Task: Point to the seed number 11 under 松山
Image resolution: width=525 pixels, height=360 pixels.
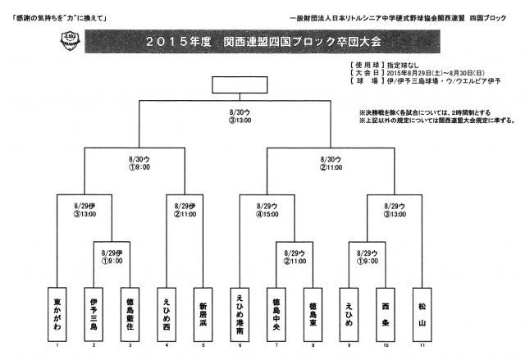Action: click(x=423, y=345)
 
